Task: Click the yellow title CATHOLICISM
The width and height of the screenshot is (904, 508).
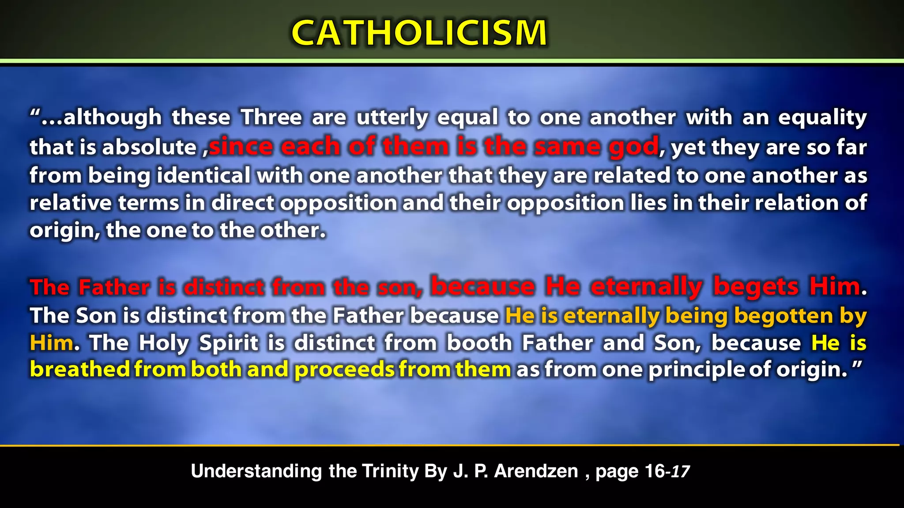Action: coord(419,33)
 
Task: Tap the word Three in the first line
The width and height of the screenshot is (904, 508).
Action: coord(271,117)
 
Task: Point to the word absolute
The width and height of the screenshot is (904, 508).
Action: coord(150,147)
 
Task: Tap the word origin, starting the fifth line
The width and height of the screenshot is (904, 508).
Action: coord(65,231)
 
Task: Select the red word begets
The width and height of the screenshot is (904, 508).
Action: coord(756,287)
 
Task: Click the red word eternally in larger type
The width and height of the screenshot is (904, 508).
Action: coord(647,287)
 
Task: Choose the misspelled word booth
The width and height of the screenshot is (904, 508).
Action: coord(479,343)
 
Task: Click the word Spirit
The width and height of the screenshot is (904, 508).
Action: coord(229,343)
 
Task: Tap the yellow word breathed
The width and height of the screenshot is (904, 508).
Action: coord(80,369)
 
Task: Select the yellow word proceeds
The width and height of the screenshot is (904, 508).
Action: coord(344,370)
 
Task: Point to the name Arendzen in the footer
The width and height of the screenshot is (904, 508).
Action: coord(536,471)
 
